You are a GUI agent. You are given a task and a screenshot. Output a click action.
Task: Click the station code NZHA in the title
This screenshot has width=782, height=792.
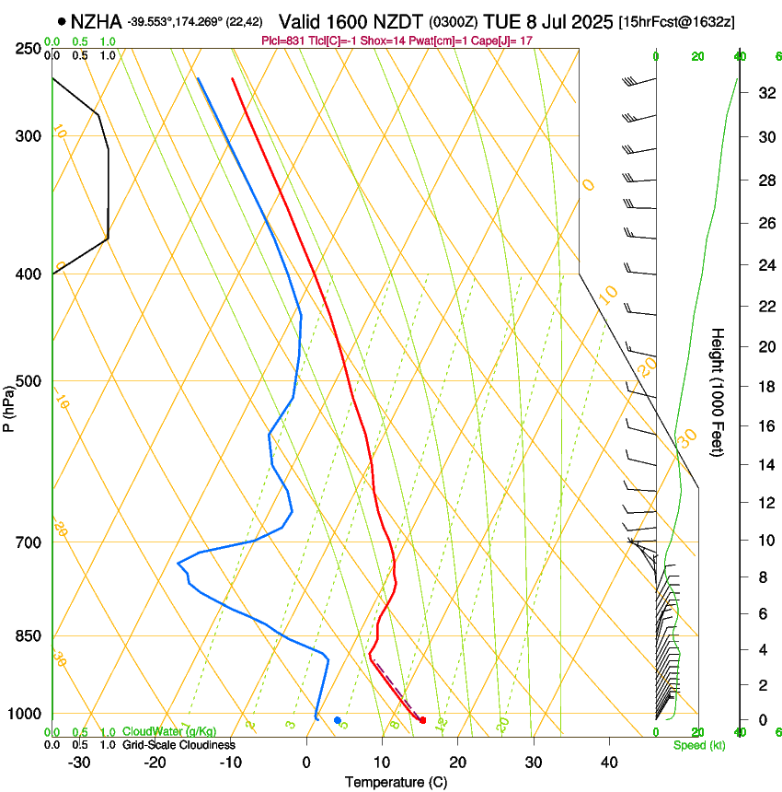[x=97, y=21]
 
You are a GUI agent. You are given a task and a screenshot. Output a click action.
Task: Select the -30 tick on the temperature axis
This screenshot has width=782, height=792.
[x=79, y=763]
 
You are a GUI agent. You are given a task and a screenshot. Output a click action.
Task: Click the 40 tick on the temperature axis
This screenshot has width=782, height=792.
[x=609, y=763]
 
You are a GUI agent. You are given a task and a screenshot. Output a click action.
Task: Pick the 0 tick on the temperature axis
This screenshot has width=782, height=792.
[x=306, y=763]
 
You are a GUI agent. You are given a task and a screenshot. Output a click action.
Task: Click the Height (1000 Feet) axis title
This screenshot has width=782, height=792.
[x=719, y=391]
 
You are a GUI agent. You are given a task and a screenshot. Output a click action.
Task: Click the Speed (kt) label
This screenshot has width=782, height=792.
[x=698, y=745]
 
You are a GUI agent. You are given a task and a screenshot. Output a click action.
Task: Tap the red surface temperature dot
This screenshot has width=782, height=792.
[x=422, y=720]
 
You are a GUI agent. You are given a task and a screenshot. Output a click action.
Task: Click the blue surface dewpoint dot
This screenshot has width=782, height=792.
[x=338, y=720]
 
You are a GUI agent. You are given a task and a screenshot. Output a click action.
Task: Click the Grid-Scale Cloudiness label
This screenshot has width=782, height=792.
[x=178, y=745]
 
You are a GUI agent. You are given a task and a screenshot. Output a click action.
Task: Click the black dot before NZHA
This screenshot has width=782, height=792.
[x=62, y=21]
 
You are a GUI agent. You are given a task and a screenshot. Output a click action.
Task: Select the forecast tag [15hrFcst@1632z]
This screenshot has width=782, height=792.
[x=677, y=21]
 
